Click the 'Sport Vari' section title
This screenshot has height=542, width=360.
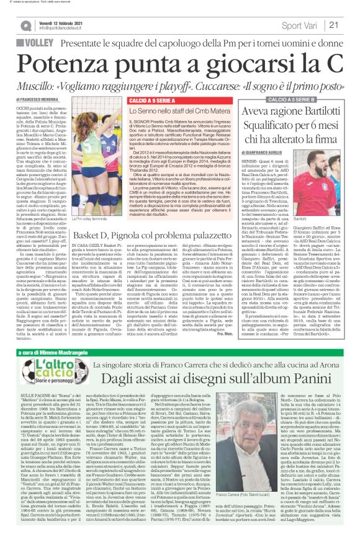click(300, 25)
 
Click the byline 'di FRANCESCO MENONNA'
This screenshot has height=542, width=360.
click(38, 99)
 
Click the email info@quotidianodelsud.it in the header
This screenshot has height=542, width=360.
click(62, 29)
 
